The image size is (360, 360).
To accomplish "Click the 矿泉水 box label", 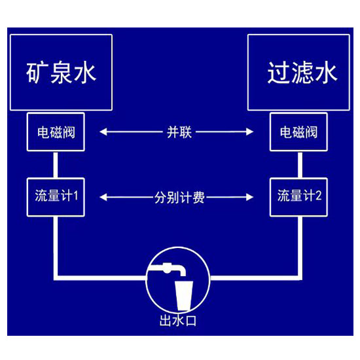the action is click(61, 73).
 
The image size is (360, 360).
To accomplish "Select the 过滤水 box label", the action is click(302, 73).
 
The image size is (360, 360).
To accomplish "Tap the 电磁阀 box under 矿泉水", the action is click(56, 132).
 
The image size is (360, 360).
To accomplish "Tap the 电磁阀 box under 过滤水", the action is click(298, 132).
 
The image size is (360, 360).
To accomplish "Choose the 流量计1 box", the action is click(56, 197).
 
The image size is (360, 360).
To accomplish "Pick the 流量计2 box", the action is click(298, 197).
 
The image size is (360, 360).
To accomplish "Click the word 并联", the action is click(179, 132).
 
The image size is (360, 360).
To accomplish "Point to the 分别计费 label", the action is click(179, 197).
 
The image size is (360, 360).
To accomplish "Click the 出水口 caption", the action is click(178, 321).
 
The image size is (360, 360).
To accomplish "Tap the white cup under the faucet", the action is click(184, 296).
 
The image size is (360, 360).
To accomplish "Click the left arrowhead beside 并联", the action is click(103, 132).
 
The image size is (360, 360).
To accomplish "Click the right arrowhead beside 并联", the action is click(249, 132).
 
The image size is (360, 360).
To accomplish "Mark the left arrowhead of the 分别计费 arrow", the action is click(103, 197).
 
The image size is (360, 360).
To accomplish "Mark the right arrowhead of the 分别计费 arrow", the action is click(249, 197).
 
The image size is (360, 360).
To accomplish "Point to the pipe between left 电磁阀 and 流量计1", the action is click(56, 164).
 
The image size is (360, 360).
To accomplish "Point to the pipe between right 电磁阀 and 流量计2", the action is click(300, 164).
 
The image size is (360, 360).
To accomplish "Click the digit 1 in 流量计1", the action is click(76, 196).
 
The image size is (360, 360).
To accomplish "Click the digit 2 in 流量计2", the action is click(318, 196).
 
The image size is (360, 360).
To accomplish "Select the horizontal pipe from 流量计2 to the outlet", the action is click(256, 278).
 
